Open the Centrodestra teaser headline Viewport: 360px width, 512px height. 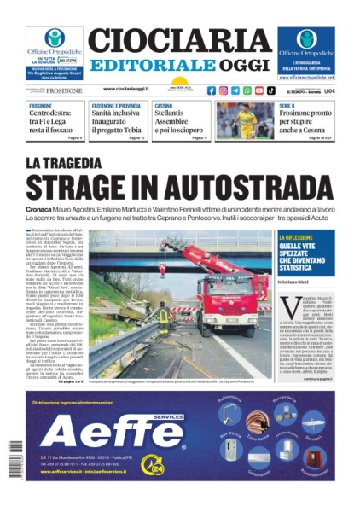click(55, 120)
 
